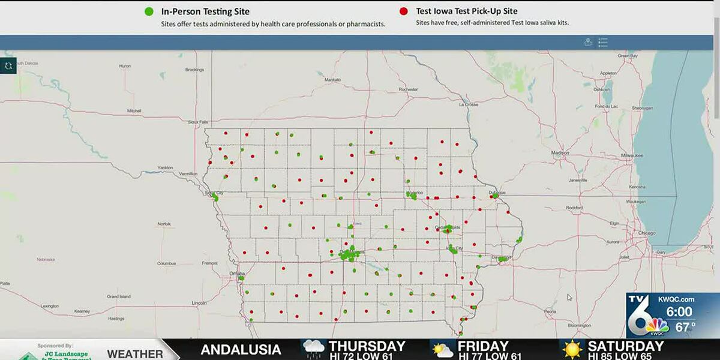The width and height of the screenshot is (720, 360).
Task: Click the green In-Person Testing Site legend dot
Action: [x=149, y=11]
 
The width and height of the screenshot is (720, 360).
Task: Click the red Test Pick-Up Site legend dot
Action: [x=403, y=11]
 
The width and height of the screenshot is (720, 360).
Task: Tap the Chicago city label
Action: [x=647, y=232]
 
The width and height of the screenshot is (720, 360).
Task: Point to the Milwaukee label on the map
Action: [x=632, y=155]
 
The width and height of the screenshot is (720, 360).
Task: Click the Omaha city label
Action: [x=237, y=273]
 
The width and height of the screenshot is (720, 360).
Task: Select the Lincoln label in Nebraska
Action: [x=200, y=303]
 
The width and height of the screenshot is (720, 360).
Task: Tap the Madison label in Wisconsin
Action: [x=560, y=153]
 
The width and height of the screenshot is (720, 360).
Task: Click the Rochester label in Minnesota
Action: [x=408, y=89]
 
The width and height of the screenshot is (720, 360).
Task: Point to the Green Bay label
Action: [x=628, y=56]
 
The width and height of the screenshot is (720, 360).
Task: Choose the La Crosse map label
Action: [x=469, y=104]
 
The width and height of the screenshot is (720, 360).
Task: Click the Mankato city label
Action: [x=332, y=80]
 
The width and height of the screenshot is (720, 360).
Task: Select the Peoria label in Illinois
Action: [x=550, y=311]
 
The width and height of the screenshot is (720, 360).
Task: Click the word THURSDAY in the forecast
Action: [x=367, y=346]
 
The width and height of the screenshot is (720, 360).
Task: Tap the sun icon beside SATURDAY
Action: [x=572, y=349]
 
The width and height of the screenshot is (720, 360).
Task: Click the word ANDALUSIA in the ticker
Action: [x=241, y=350]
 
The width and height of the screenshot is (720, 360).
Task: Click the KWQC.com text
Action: [x=677, y=299]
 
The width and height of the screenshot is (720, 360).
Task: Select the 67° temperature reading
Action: [x=685, y=326]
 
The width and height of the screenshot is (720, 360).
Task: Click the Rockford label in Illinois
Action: [x=574, y=208]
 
